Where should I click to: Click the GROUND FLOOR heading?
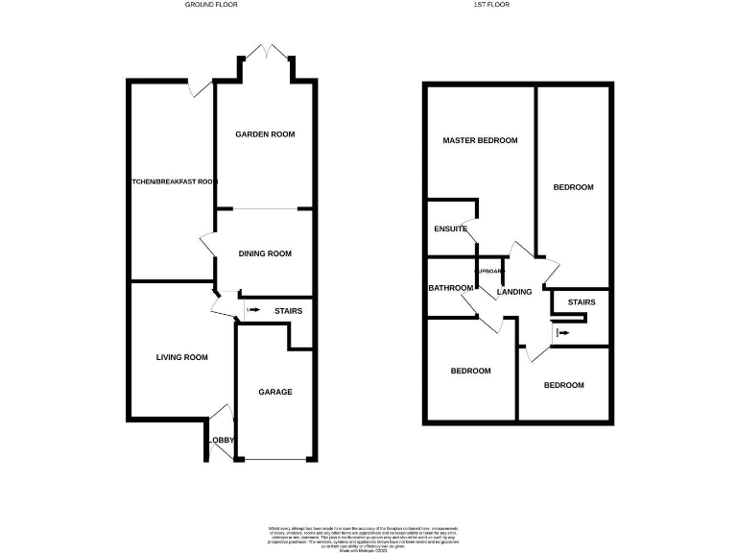click(211, 5)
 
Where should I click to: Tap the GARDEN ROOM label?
click(265, 134)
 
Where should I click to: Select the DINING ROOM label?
click(265, 253)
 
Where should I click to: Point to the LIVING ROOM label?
click(182, 357)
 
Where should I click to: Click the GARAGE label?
click(275, 392)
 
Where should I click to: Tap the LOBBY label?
click(219, 441)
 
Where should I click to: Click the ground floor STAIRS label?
click(289, 311)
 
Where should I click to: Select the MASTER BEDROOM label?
click(480, 140)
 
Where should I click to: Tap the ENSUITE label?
click(450, 229)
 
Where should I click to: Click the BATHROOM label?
click(447, 288)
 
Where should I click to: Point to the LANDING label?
click(513, 292)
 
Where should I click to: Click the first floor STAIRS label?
click(582, 302)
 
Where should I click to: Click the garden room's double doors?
click(266, 50)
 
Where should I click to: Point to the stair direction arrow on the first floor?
click(561, 333)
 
